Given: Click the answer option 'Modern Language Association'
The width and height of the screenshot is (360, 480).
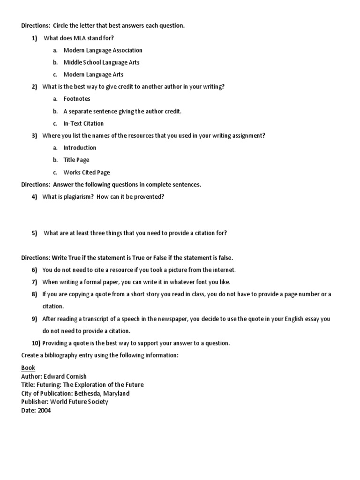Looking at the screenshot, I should click(x=103, y=50).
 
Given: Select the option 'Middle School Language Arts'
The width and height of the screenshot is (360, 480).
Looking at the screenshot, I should click(x=101, y=62).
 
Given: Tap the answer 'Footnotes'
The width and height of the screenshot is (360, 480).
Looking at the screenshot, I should click(x=77, y=99).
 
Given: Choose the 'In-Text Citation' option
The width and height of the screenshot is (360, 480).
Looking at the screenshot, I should click(x=83, y=124).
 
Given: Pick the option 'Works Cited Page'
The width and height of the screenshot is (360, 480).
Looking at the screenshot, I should click(x=87, y=172).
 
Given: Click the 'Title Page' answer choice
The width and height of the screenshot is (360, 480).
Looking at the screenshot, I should click(x=76, y=160).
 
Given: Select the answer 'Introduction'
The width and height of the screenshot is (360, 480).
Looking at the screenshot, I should click(x=80, y=148).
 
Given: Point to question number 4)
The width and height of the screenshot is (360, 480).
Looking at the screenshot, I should click(x=34, y=197).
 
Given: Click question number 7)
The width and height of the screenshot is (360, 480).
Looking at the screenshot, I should click(x=34, y=282).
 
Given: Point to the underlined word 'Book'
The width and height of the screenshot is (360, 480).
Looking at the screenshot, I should click(x=28, y=368).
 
